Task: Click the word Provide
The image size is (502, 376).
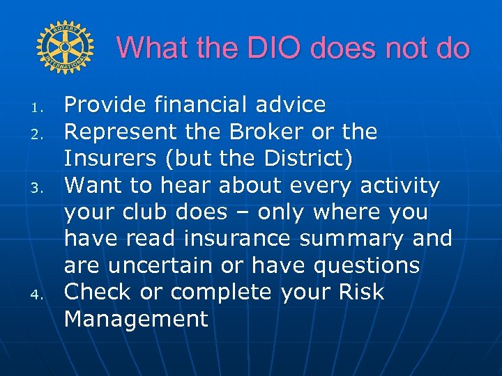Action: pos(105,105)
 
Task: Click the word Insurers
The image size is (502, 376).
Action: pos(111,158)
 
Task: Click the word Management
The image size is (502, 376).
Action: pos(137,319)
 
